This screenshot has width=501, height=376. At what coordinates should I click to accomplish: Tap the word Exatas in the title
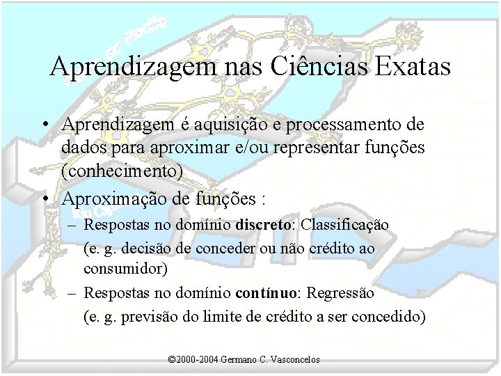click(x=413, y=67)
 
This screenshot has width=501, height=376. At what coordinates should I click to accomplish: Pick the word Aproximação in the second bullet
click(x=106, y=199)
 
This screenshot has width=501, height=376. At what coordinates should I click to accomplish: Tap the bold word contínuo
click(x=268, y=293)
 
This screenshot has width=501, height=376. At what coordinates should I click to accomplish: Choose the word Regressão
click(x=340, y=293)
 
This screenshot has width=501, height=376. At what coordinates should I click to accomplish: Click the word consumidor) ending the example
click(x=125, y=268)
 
